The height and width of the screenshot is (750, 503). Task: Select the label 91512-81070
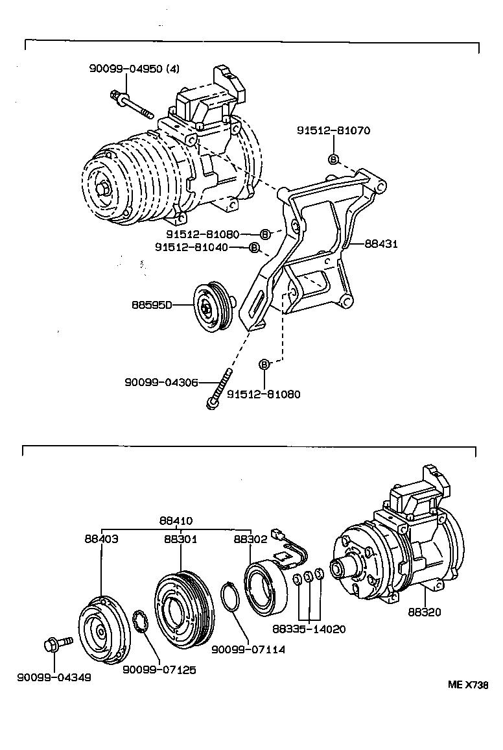333,130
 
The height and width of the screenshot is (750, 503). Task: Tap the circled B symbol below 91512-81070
333,159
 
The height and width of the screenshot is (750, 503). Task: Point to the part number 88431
380,244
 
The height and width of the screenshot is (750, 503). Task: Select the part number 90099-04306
161,383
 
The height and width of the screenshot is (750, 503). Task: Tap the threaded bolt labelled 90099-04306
220,388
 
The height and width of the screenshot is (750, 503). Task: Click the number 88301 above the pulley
180,538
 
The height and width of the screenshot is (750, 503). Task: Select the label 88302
250,538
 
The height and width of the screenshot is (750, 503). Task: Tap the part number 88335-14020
309,629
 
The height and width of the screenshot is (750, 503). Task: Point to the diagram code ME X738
467,684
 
